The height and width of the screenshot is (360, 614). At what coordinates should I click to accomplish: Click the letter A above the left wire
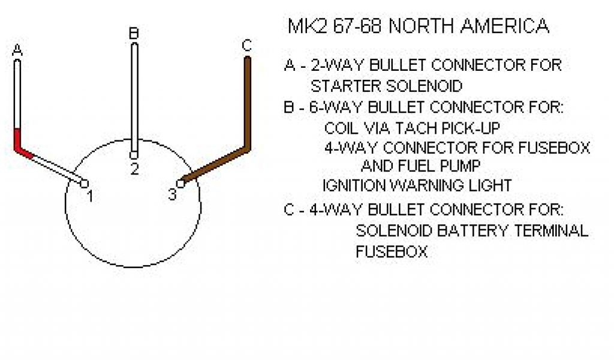click(x=17, y=51)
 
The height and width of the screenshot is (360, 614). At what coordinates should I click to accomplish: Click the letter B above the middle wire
click(x=134, y=34)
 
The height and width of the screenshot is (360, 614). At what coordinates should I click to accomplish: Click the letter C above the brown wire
click(x=246, y=46)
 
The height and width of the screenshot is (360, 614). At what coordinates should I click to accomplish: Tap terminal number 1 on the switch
click(x=89, y=196)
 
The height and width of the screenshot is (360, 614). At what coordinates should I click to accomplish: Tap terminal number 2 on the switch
click(x=134, y=169)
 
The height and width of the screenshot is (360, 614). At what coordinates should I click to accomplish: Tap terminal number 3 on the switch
click(x=172, y=195)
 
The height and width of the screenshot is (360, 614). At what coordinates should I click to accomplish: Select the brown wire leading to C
click(x=246, y=102)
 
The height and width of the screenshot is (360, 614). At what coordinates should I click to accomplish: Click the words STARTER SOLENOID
click(x=386, y=86)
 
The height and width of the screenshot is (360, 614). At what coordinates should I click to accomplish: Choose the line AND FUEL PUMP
click(x=420, y=165)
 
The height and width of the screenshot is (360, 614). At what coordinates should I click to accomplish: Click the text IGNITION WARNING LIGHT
click(x=417, y=185)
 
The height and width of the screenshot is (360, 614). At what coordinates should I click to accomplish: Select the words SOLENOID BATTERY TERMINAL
click(x=472, y=230)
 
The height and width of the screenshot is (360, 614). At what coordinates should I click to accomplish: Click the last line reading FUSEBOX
click(x=392, y=251)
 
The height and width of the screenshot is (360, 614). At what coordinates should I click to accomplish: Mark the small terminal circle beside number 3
click(x=180, y=182)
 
